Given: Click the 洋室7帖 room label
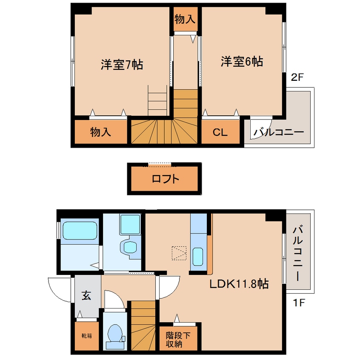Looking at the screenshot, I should (x=121, y=65).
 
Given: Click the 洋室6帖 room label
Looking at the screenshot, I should (x=241, y=62).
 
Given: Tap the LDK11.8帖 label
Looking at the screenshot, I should (x=238, y=284).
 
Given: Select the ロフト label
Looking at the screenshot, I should (x=166, y=179).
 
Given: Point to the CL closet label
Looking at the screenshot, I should (x=220, y=132).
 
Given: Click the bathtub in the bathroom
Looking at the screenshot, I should (x=80, y=231).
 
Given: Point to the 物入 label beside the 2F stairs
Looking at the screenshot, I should (x=100, y=132).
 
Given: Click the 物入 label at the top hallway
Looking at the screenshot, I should (x=185, y=19).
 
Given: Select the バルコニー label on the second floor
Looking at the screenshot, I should (x=279, y=132).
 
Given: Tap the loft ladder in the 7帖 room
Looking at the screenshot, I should (x=157, y=100).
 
